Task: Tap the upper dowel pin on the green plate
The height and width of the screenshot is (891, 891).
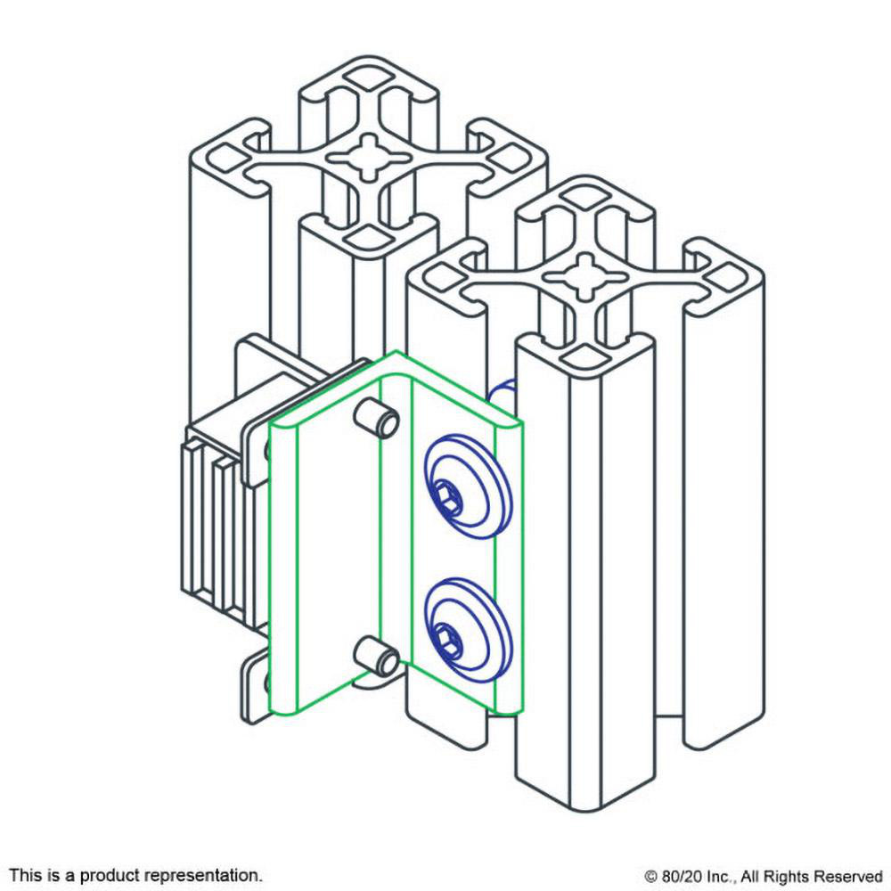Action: [x=377, y=418]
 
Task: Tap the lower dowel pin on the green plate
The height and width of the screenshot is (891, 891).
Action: [x=377, y=656]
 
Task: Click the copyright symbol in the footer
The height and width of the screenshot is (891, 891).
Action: [x=651, y=877]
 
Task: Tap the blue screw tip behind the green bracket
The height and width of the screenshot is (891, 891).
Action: [x=503, y=393]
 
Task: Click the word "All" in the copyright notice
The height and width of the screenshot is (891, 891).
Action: [x=750, y=876]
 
